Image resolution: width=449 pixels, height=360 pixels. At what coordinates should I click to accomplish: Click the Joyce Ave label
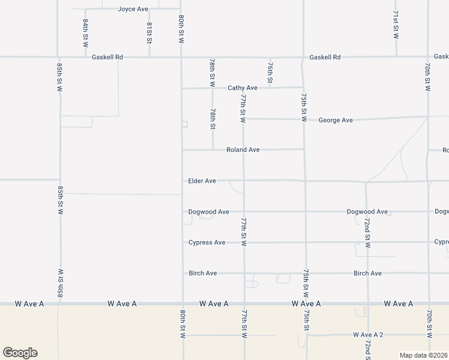point(133,9)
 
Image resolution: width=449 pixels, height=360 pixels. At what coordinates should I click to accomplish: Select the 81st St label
point(149,33)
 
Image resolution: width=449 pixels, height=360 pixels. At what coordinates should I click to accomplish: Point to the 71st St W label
point(396,25)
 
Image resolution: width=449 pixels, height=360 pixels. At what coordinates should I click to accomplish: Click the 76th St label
point(271,73)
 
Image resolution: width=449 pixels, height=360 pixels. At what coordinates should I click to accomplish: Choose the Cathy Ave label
point(243,88)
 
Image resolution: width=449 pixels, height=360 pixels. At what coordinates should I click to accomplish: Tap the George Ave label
point(336,120)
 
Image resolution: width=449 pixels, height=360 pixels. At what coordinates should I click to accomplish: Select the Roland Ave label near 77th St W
point(243,149)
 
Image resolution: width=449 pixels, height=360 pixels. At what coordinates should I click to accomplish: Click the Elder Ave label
point(202,181)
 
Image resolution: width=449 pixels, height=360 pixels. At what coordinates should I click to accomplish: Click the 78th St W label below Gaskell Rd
point(212,71)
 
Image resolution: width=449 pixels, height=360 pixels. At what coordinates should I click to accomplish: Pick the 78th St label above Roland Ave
point(213,119)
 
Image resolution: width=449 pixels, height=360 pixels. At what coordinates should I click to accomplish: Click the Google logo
point(20,353)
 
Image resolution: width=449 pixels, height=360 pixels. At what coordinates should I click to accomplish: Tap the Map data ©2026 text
point(423,355)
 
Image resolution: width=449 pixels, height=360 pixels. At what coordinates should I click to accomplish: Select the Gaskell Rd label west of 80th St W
point(107,57)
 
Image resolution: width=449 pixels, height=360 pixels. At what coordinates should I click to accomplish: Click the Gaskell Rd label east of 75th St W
point(325,57)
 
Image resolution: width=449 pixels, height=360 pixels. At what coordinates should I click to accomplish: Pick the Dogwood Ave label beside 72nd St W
point(367,212)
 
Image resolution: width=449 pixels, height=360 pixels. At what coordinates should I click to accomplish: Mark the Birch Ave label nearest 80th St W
point(203,273)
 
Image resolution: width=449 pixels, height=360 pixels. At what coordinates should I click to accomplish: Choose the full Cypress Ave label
point(206,242)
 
